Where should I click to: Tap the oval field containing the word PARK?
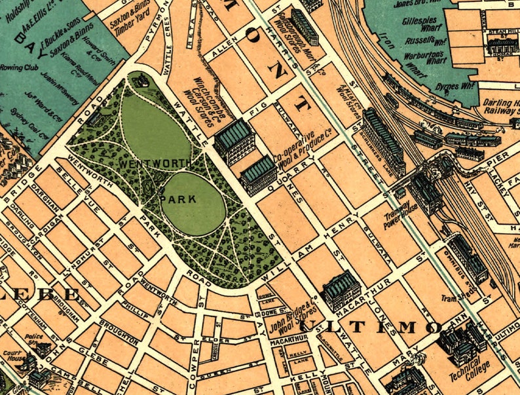[193, 203]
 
